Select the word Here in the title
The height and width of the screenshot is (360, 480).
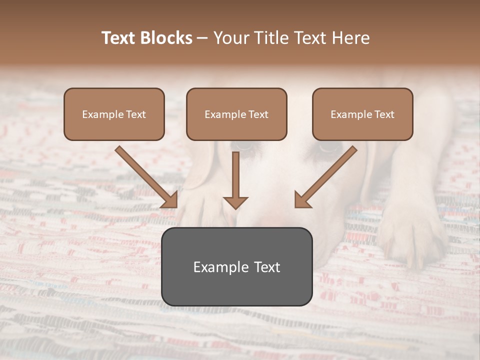point(351,38)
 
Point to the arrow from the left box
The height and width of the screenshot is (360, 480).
point(145,175)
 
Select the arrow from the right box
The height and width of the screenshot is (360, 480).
point(327,175)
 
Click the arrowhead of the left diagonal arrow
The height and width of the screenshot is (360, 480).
point(170,200)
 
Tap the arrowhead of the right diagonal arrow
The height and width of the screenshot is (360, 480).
point(302,200)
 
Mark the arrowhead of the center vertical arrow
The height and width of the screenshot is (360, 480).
point(235,202)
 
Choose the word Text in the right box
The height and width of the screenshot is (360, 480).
point(384,114)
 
